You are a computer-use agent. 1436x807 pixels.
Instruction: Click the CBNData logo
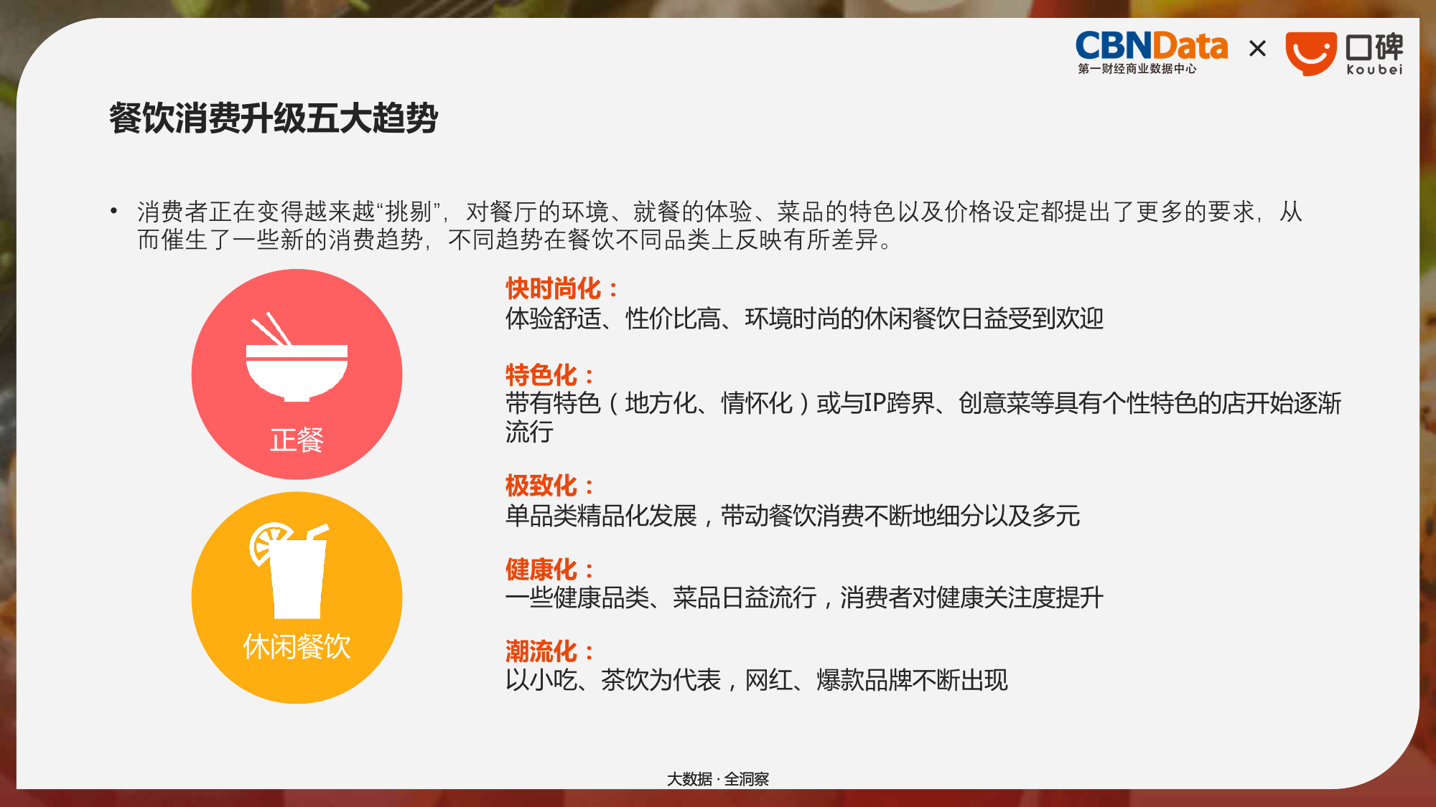pos(1151,52)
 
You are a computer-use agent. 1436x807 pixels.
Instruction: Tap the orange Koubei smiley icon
pos(1310,53)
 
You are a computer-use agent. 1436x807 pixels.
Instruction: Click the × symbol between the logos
pos(1257,49)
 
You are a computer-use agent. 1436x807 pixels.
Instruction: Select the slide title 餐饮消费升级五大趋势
pos(273,118)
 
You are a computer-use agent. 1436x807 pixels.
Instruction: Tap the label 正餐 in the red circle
pos(297,440)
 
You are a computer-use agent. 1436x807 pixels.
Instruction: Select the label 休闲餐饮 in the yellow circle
pos(297,646)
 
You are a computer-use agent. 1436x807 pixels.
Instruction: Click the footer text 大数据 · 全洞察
pos(718,779)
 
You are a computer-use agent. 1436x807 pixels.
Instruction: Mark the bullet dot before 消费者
pos(113,211)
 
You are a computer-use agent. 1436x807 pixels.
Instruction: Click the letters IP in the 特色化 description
pos(875,403)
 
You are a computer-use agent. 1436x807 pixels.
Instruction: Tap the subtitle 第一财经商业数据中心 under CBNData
pos(1137,69)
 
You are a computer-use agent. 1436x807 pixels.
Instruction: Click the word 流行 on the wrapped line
pos(529,432)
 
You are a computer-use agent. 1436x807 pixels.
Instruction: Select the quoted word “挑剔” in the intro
pos(407,212)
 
